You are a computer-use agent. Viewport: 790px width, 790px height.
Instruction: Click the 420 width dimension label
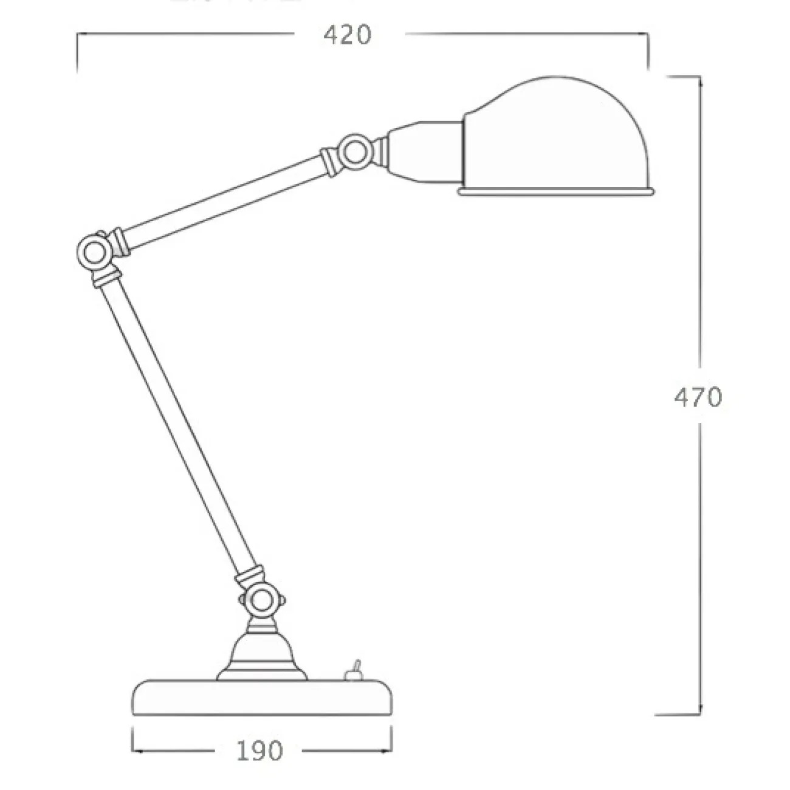(347, 35)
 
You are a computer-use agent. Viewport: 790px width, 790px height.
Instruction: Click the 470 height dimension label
(698, 397)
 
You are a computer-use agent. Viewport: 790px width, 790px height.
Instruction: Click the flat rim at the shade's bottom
(556, 192)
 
